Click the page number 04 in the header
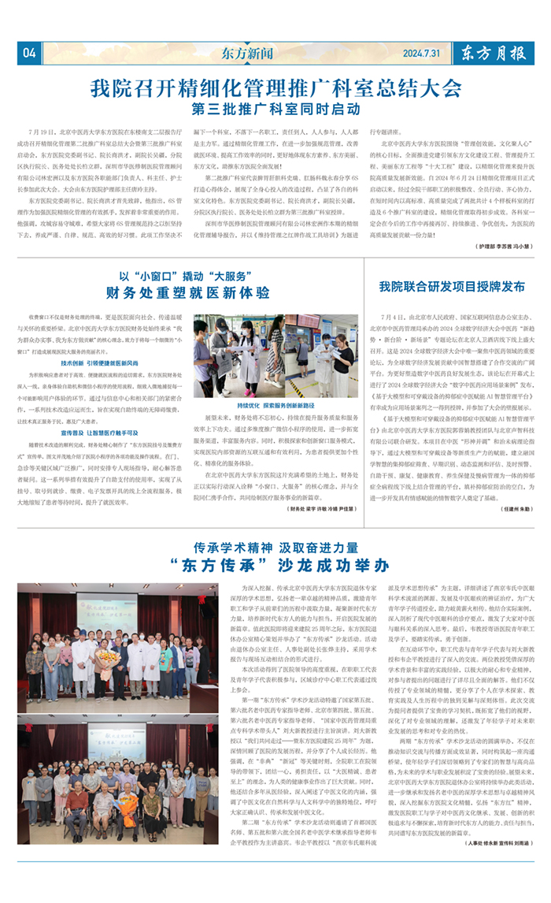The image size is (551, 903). coord(29,53)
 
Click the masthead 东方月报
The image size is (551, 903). coord(494,53)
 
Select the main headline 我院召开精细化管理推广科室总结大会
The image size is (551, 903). coord(275,86)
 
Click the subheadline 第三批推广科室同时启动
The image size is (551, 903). coord(275,107)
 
